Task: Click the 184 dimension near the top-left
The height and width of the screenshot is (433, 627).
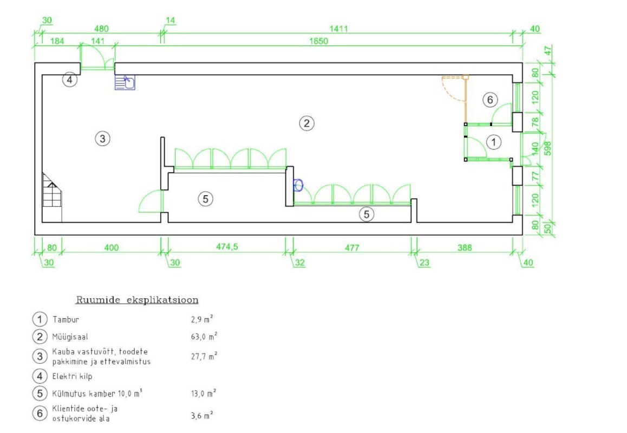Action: pos(57,41)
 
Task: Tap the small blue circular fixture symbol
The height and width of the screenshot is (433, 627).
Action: pos(298,186)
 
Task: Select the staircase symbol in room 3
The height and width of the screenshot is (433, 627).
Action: pos(53,197)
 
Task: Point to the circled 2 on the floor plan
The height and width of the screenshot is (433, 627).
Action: pos(306,123)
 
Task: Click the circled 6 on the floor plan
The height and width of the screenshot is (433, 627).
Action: pos(489,100)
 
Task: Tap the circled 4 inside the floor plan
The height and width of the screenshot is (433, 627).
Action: pos(69,80)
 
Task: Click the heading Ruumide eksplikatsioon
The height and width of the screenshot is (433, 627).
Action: pos(136,299)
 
